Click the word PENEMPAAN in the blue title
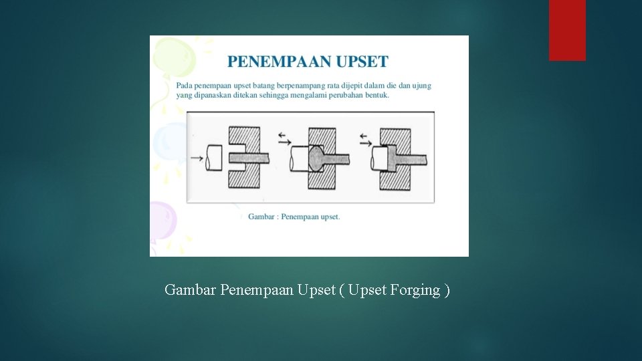pos(274,62)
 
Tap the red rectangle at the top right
pos(567,30)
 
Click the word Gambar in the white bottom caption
pos(190,290)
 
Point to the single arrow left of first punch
pos(197,158)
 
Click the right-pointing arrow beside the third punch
pos(366,142)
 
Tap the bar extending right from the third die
pos(415,158)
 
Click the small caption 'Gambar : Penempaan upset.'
pos(294,217)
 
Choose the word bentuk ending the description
pos(376,95)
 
